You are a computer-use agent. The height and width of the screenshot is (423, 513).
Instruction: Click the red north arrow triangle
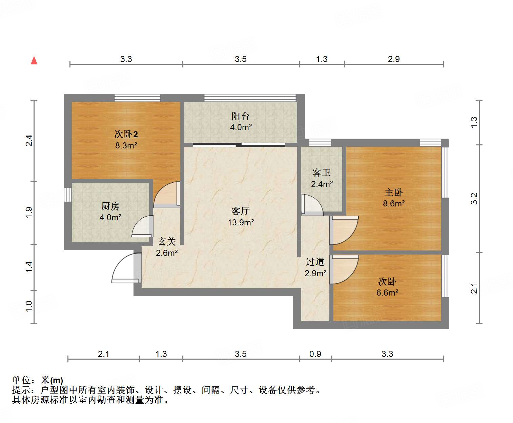coord(34,60)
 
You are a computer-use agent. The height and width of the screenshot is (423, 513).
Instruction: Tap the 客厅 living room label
coord(241,211)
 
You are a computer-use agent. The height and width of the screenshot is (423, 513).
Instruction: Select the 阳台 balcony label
coord(241,116)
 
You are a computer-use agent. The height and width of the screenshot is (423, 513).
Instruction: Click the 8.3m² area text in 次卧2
coord(126,146)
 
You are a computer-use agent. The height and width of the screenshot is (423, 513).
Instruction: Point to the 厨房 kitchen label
coord(110,206)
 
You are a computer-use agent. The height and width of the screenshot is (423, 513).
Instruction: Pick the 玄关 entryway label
coord(167,242)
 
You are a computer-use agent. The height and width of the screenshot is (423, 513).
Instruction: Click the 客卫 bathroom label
coord(322,173)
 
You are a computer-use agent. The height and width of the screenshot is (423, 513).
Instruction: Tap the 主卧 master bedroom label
coord(394,193)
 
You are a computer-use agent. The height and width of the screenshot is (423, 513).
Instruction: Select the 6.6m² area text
coord(387,293)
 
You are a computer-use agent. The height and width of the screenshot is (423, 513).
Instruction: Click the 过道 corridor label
coord(315,262)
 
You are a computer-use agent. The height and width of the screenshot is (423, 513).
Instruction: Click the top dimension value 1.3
coord(322,59)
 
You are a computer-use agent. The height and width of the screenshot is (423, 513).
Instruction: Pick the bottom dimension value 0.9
coord(315,354)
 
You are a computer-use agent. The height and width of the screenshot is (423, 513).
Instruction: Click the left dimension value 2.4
coord(29,140)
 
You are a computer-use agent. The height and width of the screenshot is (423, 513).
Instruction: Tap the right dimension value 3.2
coord(474,199)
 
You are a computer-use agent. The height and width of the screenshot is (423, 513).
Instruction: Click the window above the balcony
coord(250,98)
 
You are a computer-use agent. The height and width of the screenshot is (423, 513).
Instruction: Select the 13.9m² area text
coord(241,223)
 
